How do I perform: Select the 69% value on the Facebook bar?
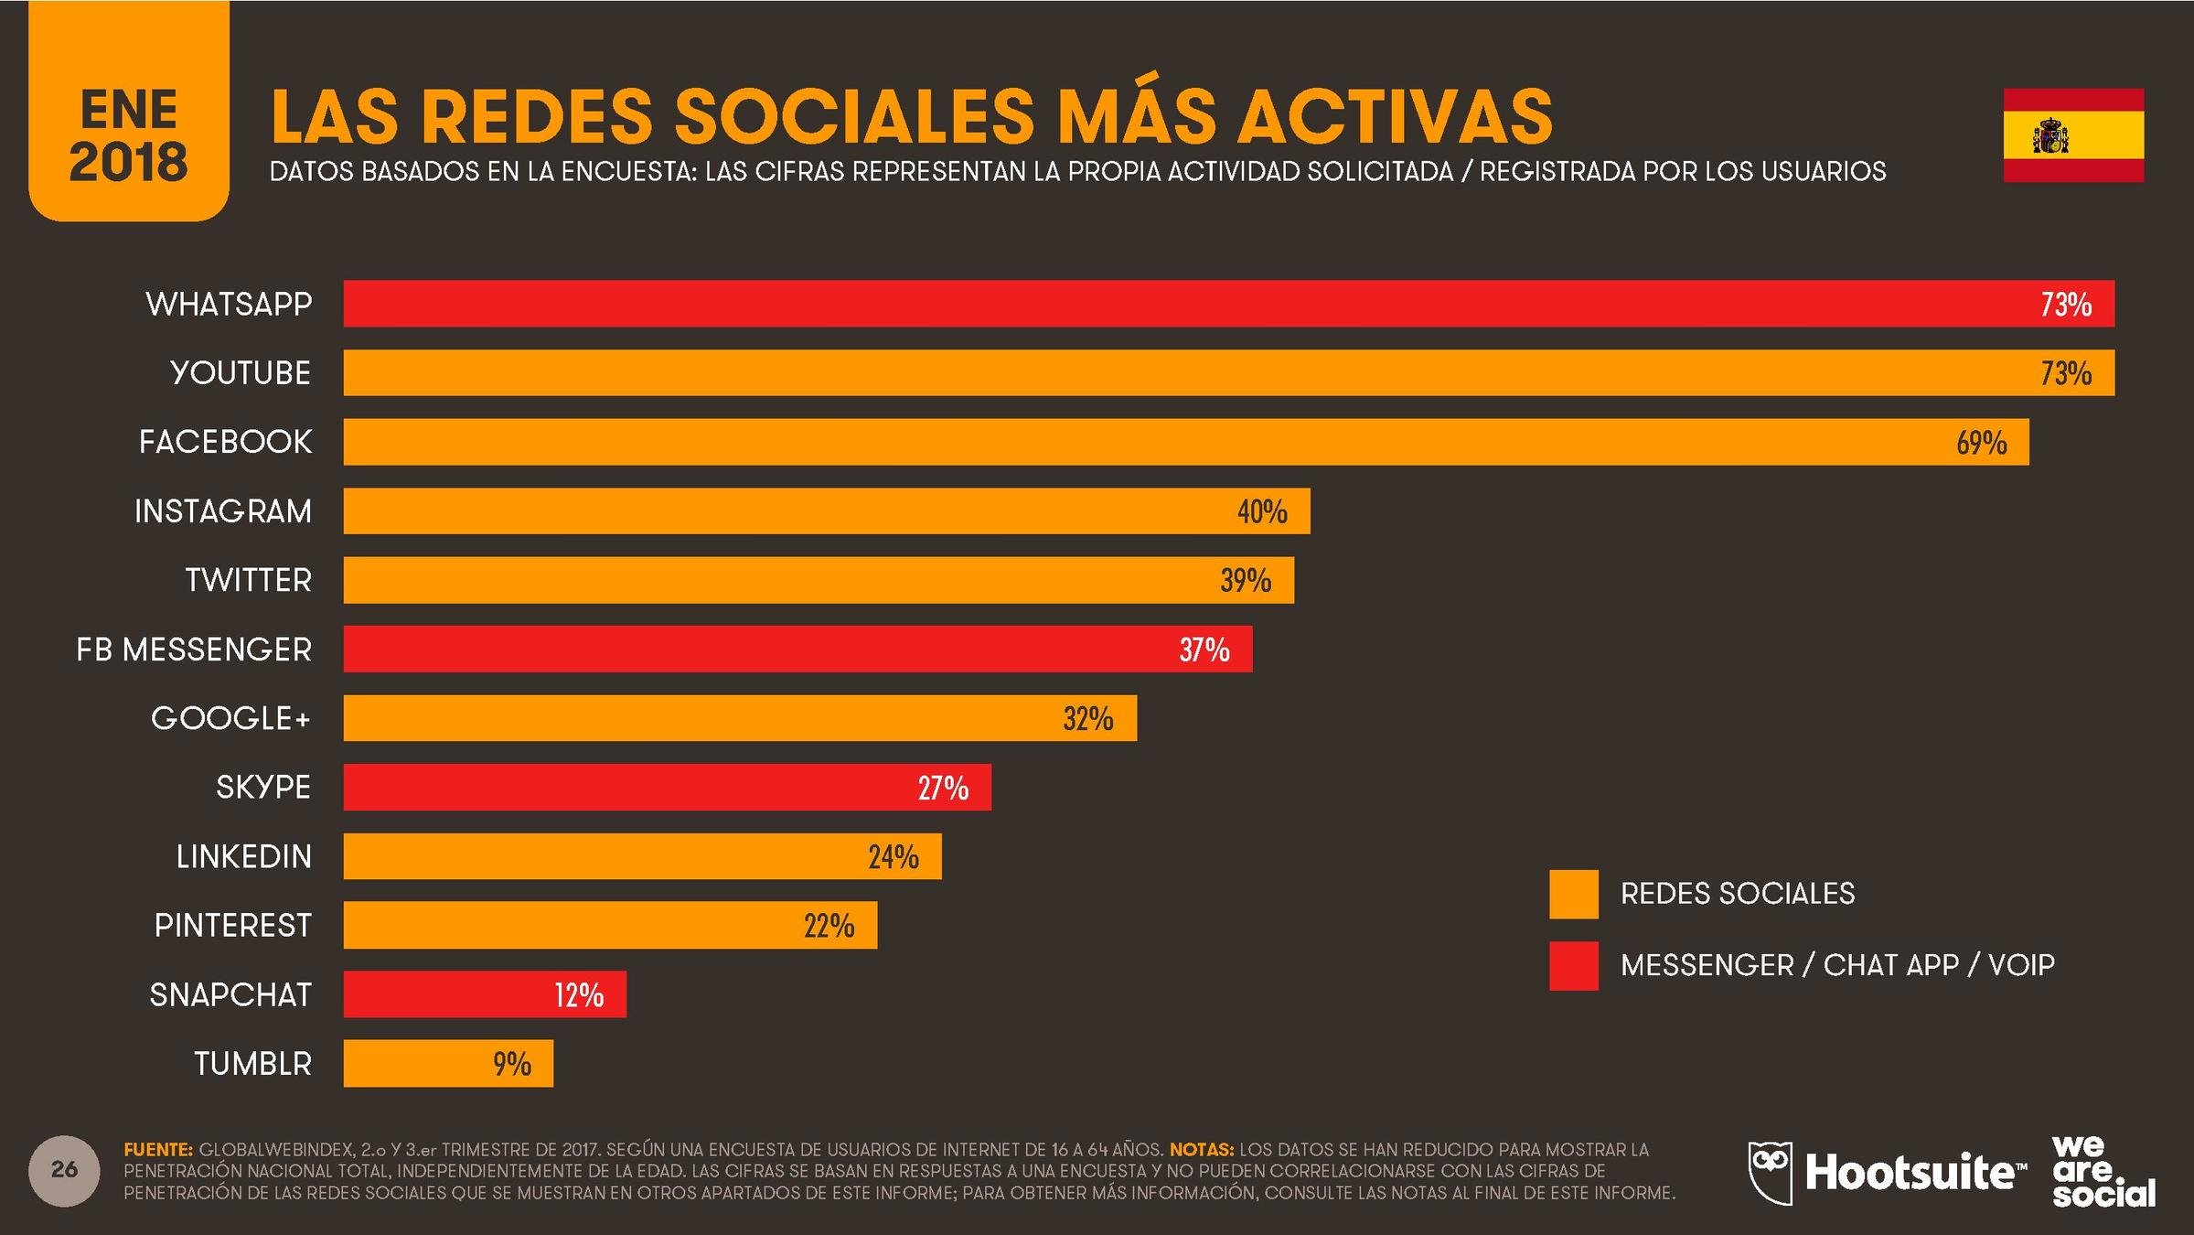tap(1981, 443)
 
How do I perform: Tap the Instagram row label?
tap(223, 511)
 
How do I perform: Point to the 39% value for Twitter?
tap(1246, 581)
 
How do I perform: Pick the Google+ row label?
tap(230, 719)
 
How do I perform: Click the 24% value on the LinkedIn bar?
tap(894, 857)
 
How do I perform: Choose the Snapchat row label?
tap(230, 995)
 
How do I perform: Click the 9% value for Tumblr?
tap(512, 1064)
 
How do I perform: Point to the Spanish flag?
tap(2073, 135)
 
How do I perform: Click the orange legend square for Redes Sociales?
tap(1574, 894)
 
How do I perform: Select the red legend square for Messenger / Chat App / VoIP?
tap(1574, 966)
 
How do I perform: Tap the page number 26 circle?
tap(64, 1170)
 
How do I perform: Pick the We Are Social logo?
tap(2103, 1172)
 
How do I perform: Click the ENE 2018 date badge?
tap(128, 110)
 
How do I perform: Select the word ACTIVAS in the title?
tap(1395, 117)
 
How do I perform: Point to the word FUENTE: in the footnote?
tap(158, 1150)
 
